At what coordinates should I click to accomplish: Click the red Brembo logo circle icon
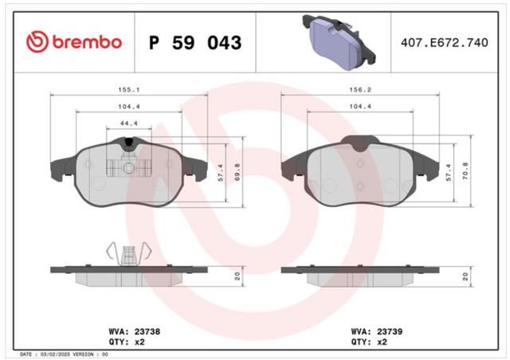37,42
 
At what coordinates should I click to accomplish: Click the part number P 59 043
195,42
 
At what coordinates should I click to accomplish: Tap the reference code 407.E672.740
445,42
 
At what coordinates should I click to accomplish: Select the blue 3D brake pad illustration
339,41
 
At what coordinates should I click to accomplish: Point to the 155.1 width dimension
129,89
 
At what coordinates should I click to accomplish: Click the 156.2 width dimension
360,89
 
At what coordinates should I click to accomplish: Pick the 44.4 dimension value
129,123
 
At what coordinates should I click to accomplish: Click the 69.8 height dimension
237,172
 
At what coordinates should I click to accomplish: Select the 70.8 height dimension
465,171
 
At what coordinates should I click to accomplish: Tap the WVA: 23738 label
135,331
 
